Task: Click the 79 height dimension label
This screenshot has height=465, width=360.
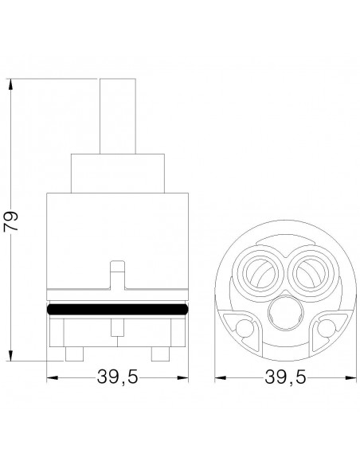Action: tap(10, 221)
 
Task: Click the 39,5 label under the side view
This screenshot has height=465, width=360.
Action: tap(117, 377)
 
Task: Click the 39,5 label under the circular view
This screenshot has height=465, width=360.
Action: tap(285, 377)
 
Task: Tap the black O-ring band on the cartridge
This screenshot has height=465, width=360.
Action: tap(117, 309)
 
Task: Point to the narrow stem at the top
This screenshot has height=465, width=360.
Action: tap(118, 116)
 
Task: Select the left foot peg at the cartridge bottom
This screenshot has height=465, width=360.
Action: tap(74, 354)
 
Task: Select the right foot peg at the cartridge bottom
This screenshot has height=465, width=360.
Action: tap(160, 354)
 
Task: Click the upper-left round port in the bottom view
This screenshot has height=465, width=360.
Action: tap(258, 272)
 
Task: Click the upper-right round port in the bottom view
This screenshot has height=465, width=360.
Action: tap(312, 272)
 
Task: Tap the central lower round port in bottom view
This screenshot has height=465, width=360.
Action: tap(286, 315)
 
